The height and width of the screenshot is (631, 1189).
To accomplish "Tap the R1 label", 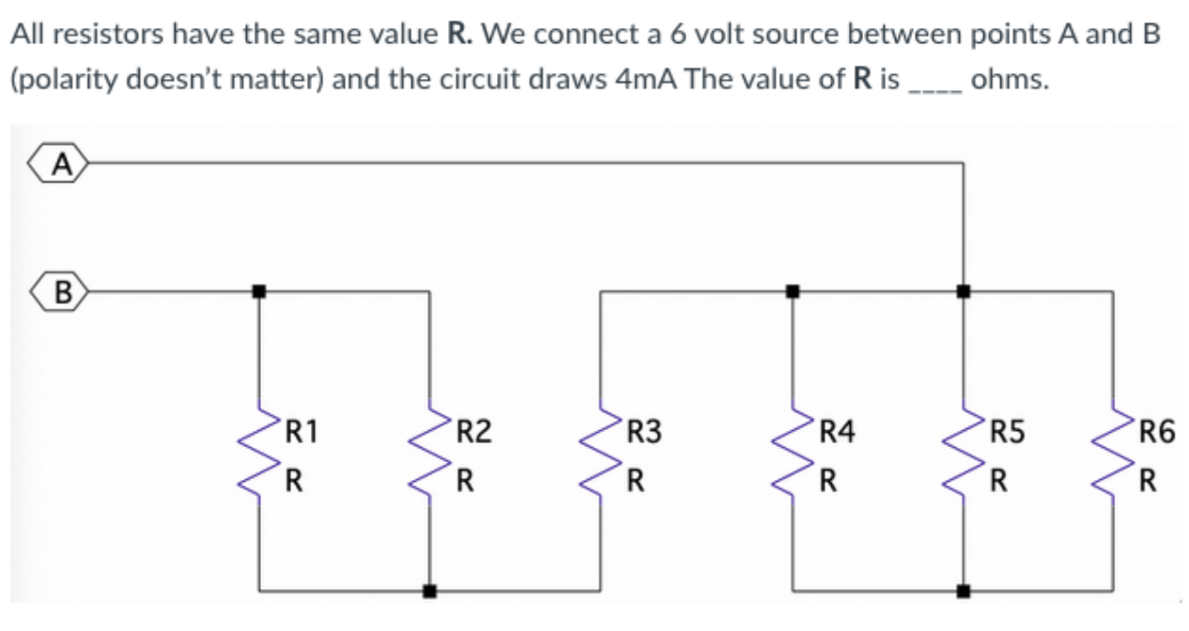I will tap(301, 433).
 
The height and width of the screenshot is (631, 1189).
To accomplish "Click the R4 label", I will tap(837, 433).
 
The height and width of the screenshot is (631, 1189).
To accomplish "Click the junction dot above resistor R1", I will tap(259, 291).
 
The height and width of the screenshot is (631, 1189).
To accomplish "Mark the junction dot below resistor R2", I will tap(430, 592).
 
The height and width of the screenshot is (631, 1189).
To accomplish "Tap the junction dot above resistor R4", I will tap(793, 291).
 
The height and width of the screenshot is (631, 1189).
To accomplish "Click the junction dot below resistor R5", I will tap(964, 592).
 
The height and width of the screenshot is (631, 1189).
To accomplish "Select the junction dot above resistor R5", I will tap(964, 291).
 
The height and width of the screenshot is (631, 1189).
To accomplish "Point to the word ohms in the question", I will tap(1009, 79).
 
